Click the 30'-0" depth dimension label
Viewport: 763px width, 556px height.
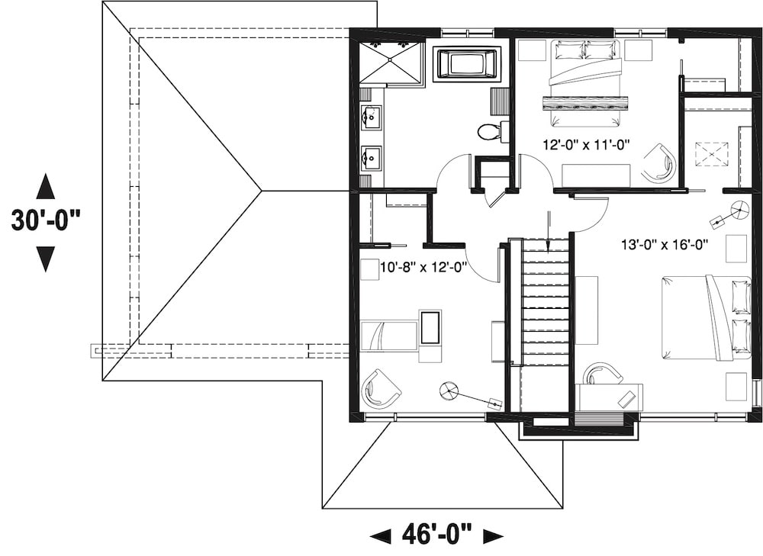pos(46,221)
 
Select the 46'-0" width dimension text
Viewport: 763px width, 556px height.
pos(437,534)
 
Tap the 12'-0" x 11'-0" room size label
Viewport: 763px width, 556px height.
pos(586,145)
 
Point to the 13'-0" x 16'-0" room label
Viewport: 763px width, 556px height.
pos(665,245)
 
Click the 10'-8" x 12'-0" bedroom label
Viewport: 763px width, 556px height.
pos(423,268)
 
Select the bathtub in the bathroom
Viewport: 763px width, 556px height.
pos(467,64)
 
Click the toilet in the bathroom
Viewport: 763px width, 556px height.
pos(489,131)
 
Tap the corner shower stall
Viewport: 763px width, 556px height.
pos(391,63)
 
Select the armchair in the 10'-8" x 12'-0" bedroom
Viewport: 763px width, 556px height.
pos(381,388)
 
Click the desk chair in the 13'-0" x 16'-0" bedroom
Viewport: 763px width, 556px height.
pos(602,373)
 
